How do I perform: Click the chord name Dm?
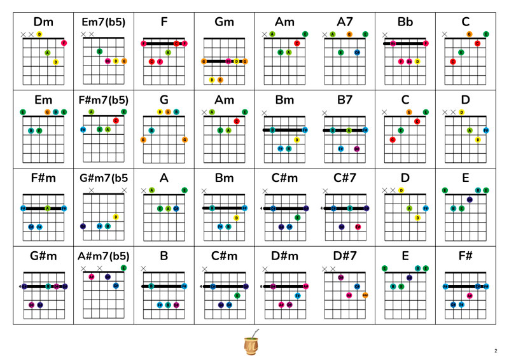pos(43,22)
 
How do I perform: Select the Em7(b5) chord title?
pos(104,22)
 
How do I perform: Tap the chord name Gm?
pos(224,22)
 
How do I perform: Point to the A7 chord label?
pos(345,22)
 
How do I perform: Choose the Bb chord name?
pos(405,22)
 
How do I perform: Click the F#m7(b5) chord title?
pos(104,100)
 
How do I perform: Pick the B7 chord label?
pos(345,100)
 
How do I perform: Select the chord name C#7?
pos(345,177)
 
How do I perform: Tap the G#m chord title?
pos(43,256)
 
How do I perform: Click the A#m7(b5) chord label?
pos(104,256)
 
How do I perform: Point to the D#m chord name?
pos(284,256)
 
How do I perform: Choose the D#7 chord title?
pos(345,256)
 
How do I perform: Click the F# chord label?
pos(466,256)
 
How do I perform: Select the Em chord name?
pos(43,100)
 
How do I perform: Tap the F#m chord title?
pos(43,177)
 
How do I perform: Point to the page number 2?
pos(495,351)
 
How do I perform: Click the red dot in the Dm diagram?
pos(64,43)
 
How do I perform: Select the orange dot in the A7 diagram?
pos(349,34)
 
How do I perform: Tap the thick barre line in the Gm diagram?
pos(224,61)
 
